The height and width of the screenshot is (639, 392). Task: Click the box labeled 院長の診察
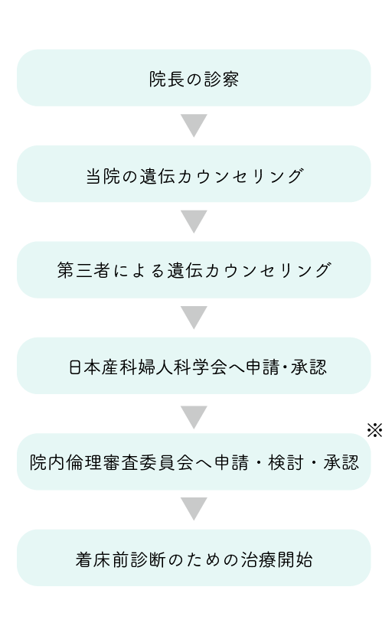[194, 78]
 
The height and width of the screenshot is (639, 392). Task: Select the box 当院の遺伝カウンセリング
[194, 174]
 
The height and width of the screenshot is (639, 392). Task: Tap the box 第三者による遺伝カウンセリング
[194, 269]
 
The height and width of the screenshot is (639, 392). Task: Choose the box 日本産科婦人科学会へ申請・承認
[194, 366]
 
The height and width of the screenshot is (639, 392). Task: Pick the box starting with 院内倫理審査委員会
[194, 461]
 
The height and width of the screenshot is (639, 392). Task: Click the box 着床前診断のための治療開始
[194, 557]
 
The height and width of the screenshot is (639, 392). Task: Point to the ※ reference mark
[374, 430]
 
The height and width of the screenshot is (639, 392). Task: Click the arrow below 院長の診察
[194, 125]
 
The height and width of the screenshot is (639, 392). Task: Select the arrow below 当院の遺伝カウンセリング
[194, 221]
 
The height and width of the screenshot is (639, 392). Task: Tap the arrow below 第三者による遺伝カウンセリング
[194, 317]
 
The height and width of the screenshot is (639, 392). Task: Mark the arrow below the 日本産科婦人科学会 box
[194, 417]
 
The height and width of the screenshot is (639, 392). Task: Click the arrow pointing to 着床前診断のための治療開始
[194, 509]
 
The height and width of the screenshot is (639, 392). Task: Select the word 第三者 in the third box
[83, 270]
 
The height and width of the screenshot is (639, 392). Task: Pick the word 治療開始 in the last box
[276, 559]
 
